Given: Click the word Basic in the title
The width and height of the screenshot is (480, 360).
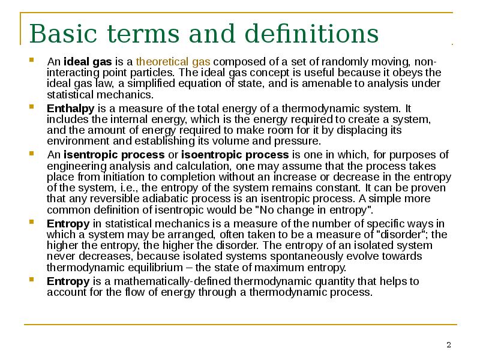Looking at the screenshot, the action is pyautogui.click(x=63, y=34).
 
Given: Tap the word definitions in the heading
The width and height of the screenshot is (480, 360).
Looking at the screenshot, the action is pyautogui.click(x=312, y=33).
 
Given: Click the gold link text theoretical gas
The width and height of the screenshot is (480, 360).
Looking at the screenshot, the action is pyautogui.click(x=173, y=62).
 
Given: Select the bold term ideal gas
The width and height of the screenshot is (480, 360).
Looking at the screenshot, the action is pyautogui.click(x=88, y=62).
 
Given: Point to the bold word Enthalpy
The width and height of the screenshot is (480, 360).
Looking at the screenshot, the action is pyautogui.click(x=71, y=109).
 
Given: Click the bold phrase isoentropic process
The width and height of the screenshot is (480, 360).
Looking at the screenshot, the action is pyautogui.click(x=235, y=155).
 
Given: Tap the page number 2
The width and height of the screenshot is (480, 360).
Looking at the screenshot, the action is pyautogui.click(x=449, y=345).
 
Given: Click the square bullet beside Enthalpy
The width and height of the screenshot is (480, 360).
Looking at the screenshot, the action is pyautogui.click(x=32, y=107).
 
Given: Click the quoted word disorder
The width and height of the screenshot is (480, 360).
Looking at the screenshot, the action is pyautogui.click(x=401, y=235).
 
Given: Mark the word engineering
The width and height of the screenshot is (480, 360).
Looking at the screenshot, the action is pyautogui.click(x=77, y=167).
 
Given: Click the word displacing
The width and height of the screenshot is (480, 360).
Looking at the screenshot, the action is pyautogui.click(x=362, y=130).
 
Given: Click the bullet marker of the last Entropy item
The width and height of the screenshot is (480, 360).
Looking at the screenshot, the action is pyautogui.click(x=32, y=279).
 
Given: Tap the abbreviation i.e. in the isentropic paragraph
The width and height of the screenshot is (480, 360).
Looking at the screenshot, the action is pyautogui.click(x=131, y=188).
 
